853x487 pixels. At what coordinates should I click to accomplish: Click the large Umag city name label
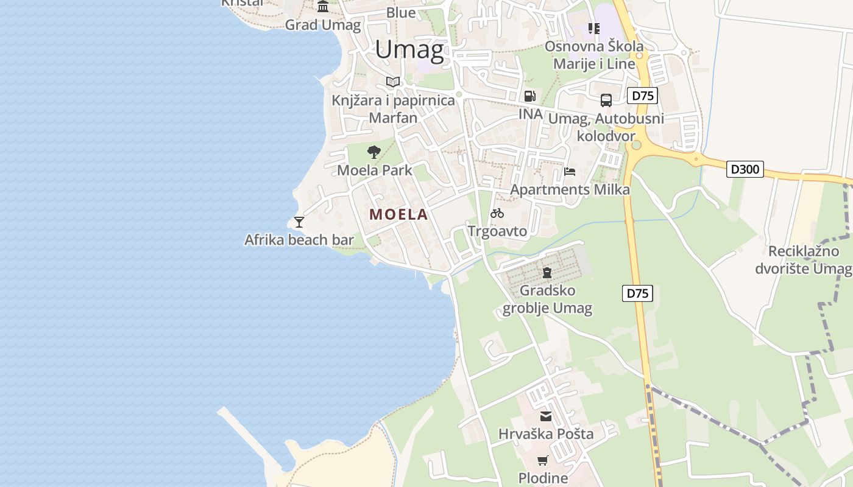[x=409, y=49]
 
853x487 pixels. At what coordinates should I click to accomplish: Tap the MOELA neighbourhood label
[x=398, y=214]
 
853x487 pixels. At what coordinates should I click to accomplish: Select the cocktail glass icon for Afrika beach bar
[x=299, y=222]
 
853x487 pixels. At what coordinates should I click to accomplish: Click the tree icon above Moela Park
[x=374, y=152]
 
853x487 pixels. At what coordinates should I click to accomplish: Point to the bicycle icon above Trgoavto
[x=497, y=213]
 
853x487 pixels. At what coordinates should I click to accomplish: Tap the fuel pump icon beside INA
[x=529, y=96]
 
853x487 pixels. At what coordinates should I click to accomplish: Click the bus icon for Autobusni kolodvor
[x=606, y=100]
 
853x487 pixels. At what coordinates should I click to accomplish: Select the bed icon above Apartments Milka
[x=570, y=172]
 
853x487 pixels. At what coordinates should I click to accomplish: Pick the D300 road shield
[x=745, y=169]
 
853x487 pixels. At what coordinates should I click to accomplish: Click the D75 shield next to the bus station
[x=642, y=96]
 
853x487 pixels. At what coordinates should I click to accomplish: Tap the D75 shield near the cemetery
[x=637, y=293]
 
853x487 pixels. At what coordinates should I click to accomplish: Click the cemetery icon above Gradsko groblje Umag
[x=547, y=272]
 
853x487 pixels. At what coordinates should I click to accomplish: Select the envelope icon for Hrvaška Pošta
[x=545, y=416]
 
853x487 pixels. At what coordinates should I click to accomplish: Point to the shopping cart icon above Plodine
[x=542, y=460]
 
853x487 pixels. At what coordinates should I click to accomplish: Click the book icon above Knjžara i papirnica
[x=393, y=82]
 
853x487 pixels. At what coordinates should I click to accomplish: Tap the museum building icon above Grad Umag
[x=323, y=7]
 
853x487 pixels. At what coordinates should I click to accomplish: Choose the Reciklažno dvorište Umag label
[x=803, y=260]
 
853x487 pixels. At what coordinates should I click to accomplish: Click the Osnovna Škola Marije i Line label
[x=593, y=55]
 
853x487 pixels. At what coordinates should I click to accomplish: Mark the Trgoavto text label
[x=497, y=231]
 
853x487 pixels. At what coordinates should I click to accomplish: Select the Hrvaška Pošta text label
[x=546, y=434]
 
